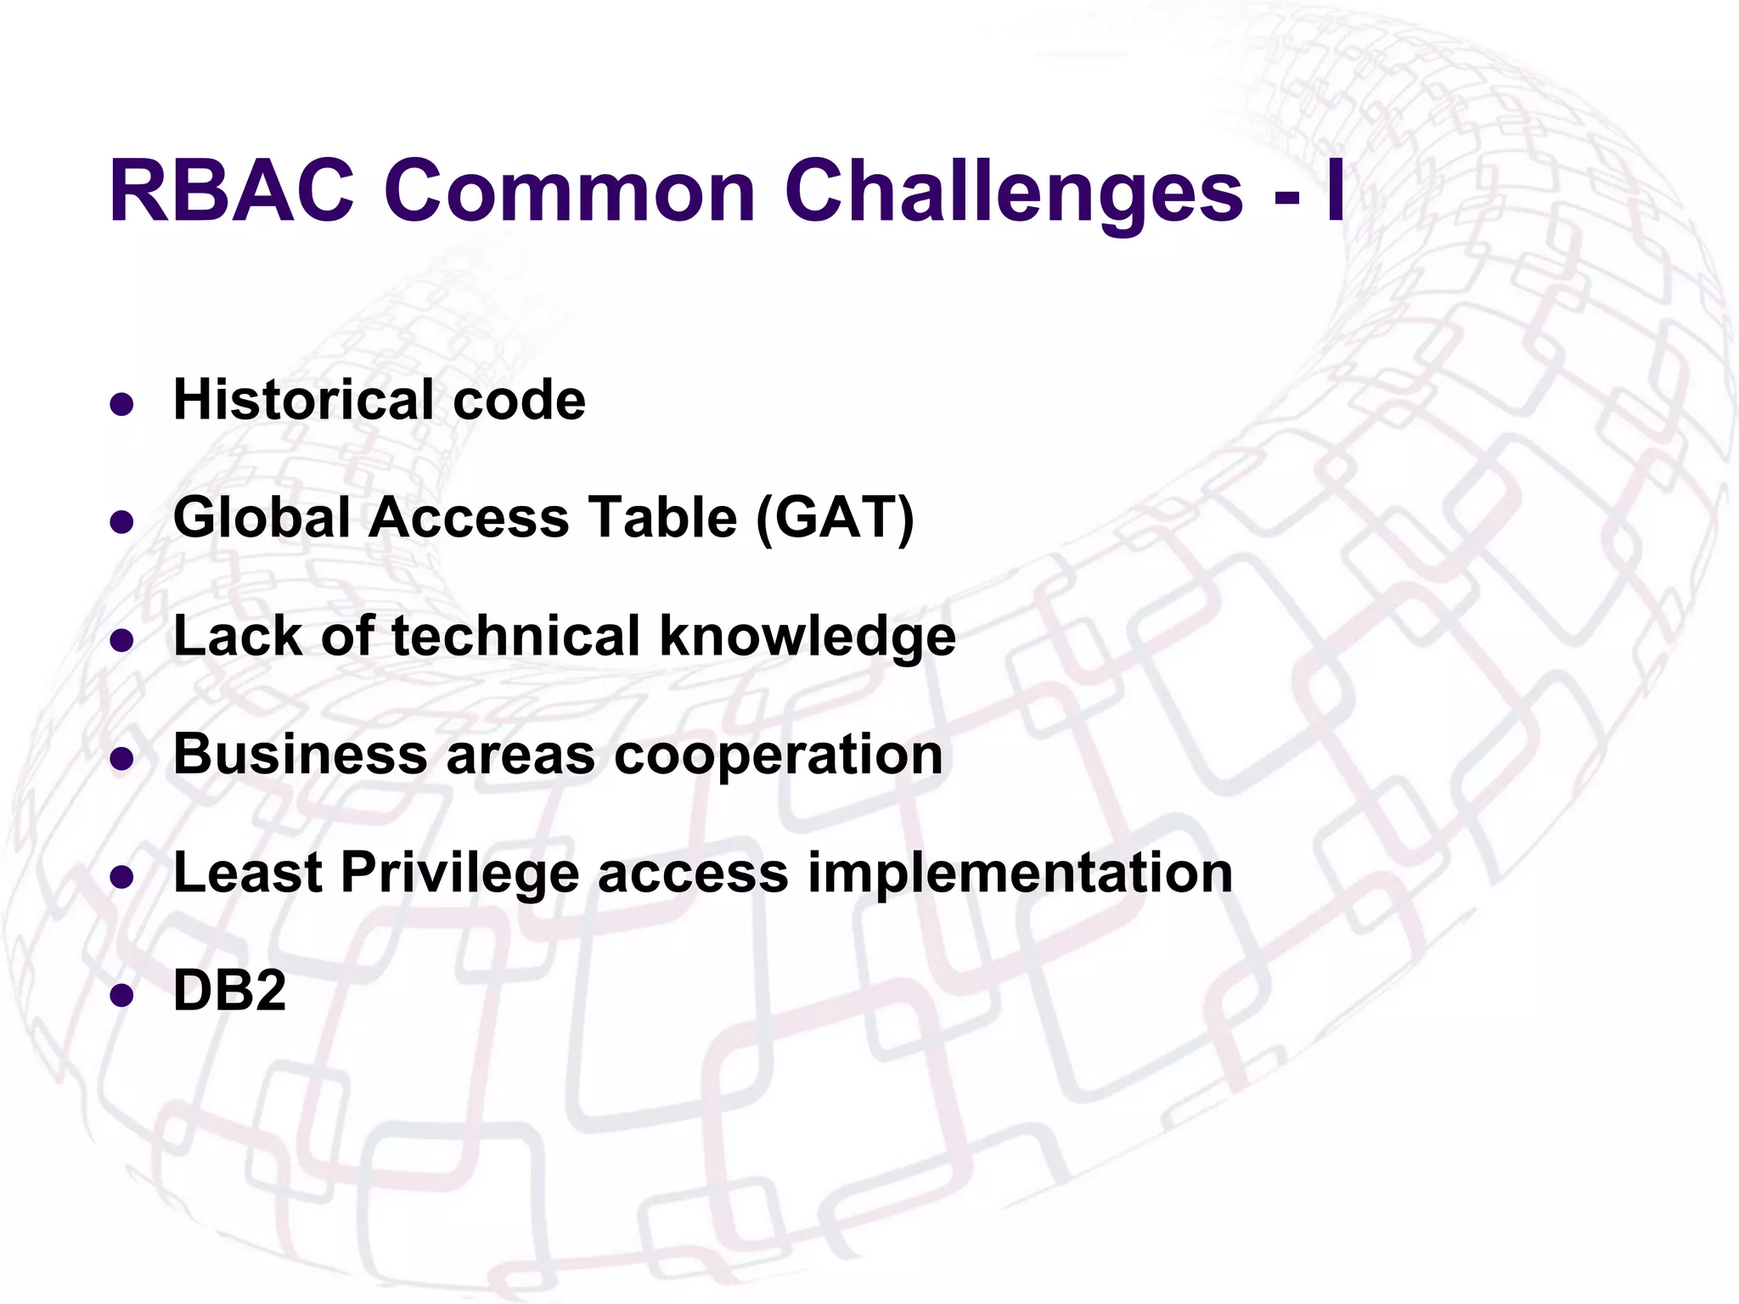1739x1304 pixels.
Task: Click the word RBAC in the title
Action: click(x=231, y=191)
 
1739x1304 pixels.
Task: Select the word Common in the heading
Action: click(x=570, y=191)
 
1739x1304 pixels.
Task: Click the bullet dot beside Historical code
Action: click(x=122, y=403)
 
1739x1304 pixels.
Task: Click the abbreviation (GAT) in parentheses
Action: click(x=834, y=517)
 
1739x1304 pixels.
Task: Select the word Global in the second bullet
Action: click(x=261, y=517)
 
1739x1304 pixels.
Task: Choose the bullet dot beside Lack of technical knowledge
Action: click(x=122, y=639)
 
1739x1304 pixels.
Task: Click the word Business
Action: click(x=300, y=754)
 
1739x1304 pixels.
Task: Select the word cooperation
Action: click(x=778, y=756)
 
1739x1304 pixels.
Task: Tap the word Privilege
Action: click(x=459, y=874)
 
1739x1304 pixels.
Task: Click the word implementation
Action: click(x=1019, y=874)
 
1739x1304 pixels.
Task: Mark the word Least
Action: click(x=247, y=872)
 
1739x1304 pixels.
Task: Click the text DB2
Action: click(x=229, y=990)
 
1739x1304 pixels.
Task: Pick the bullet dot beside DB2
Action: click(x=122, y=994)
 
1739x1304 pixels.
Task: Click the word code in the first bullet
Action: click(x=519, y=399)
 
